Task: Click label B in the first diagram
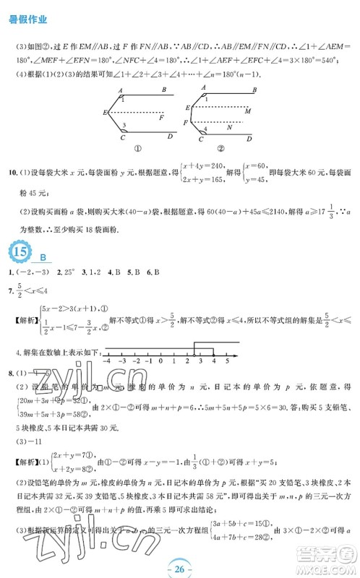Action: click(165, 90)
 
